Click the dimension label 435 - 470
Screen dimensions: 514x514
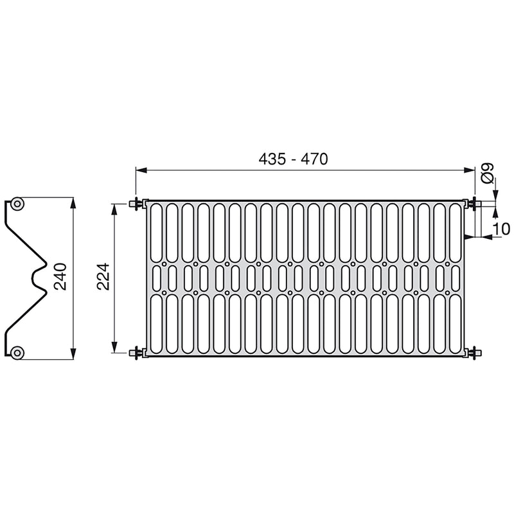click(293, 159)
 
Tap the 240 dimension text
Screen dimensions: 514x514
click(60, 276)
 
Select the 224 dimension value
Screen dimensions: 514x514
click(103, 276)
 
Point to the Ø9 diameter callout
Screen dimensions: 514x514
click(488, 173)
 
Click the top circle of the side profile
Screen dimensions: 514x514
click(17, 204)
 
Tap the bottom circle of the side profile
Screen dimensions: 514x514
click(17, 353)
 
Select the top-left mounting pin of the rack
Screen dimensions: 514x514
click(137, 204)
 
